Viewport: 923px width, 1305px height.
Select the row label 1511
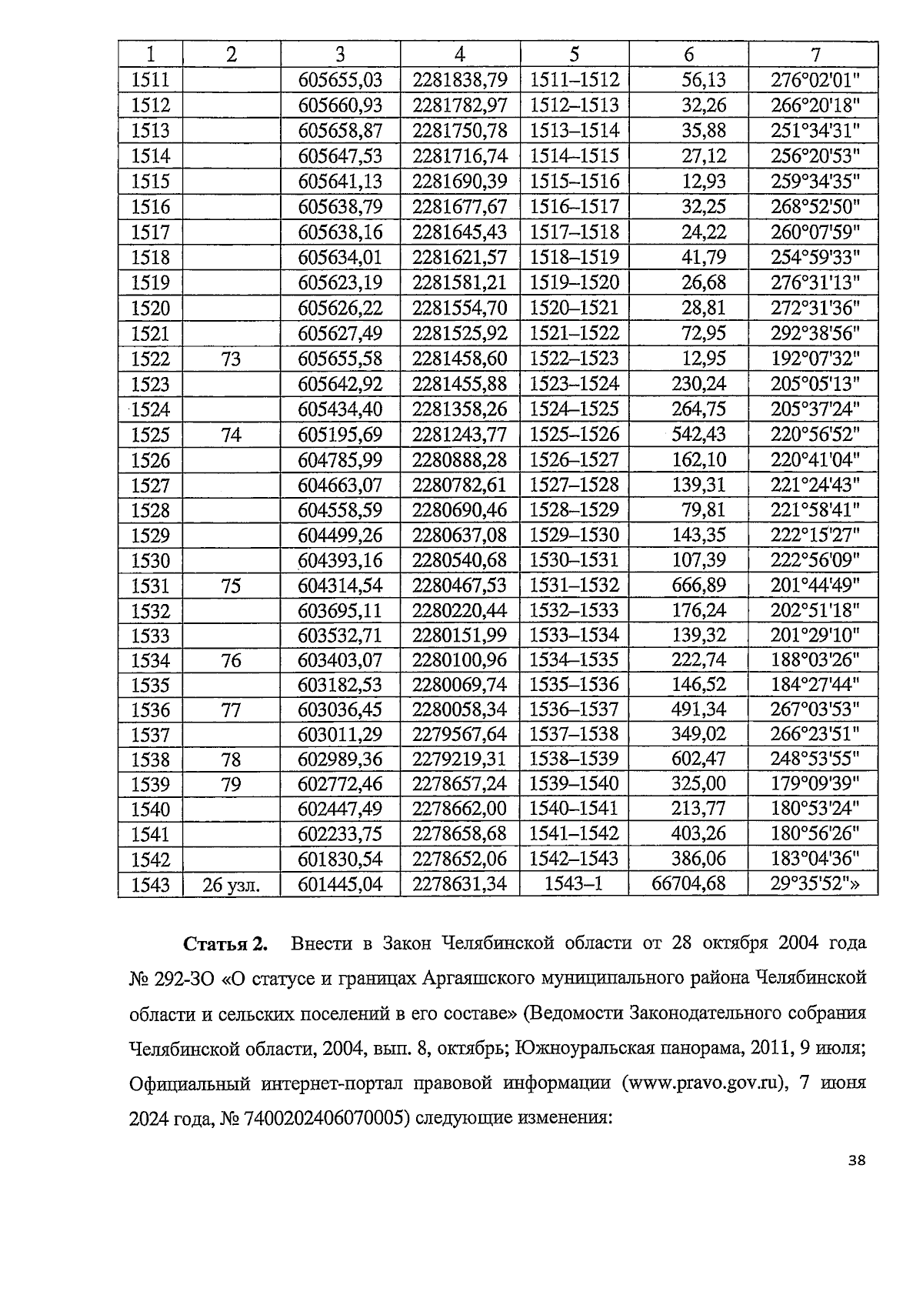click(x=151, y=79)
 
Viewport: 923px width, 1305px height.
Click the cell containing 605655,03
click(x=340, y=79)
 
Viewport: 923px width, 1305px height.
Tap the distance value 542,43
click(x=698, y=435)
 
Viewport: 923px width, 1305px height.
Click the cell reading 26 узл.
click(x=231, y=885)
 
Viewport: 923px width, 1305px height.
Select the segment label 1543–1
click(x=573, y=884)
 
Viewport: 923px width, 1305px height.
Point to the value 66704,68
click(x=688, y=884)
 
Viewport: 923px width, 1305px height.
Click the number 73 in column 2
click(x=231, y=359)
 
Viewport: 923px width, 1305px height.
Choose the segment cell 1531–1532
click(x=574, y=586)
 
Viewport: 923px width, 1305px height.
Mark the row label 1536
click(x=151, y=709)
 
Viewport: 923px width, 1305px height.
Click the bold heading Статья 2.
click(x=225, y=943)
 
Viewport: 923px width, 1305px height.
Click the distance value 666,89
click(x=698, y=586)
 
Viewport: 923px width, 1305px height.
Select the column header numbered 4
click(x=459, y=54)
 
